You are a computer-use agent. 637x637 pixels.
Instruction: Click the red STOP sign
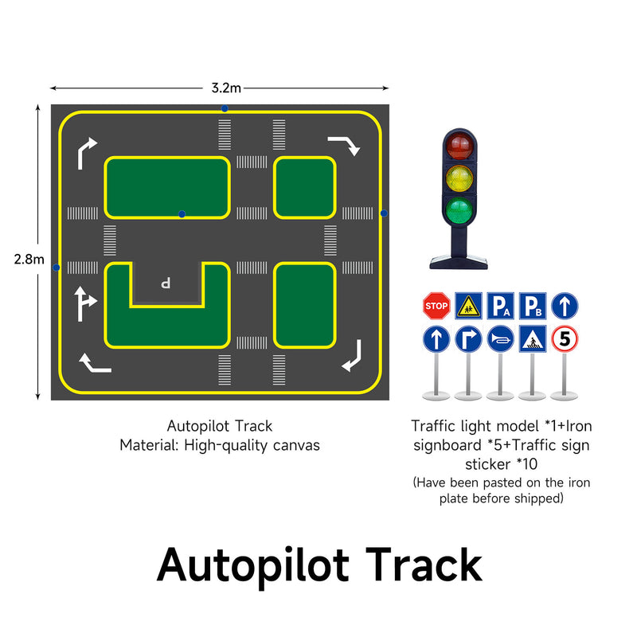click(436, 305)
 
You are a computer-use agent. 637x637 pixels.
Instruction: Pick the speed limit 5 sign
click(565, 340)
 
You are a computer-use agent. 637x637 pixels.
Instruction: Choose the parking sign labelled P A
click(500, 306)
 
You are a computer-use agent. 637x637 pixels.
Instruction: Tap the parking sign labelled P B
click(532, 306)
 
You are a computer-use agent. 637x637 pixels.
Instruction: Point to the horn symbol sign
click(500, 340)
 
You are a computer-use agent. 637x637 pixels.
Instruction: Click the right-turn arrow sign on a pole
click(468, 340)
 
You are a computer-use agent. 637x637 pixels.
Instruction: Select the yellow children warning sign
click(468, 305)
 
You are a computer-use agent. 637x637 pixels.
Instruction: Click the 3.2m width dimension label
click(226, 87)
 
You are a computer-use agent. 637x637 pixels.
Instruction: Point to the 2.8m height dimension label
click(29, 259)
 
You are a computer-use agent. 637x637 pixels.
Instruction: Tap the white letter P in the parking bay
click(166, 282)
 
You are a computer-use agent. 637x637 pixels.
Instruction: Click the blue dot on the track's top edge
click(225, 108)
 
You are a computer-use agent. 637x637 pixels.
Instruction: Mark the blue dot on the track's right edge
click(384, 213)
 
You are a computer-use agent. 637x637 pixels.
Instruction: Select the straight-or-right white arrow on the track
click(84, 303)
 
